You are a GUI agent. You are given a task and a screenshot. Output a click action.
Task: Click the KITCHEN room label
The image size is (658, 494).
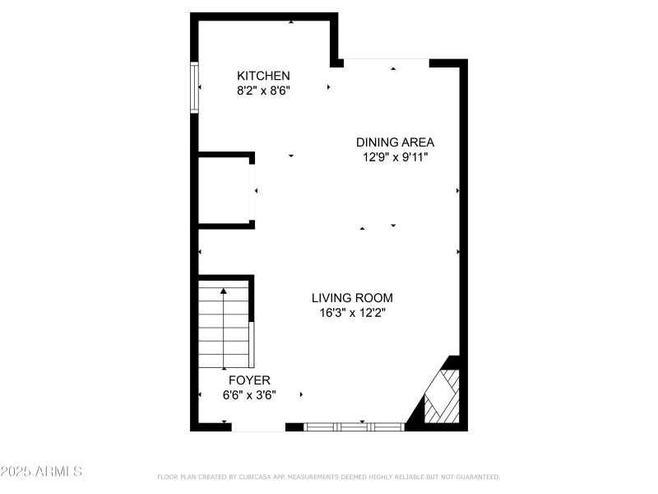[263, 76]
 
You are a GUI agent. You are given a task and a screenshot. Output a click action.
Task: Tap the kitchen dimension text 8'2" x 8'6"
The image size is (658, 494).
[263, 91]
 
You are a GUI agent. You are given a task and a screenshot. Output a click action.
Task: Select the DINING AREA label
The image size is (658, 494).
[395, 142]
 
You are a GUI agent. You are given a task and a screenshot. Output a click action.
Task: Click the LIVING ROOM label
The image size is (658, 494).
[352, 297]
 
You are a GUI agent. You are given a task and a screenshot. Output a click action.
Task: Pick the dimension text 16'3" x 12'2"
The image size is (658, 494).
[352, 313]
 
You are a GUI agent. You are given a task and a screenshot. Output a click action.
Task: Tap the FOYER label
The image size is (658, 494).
[249, 380]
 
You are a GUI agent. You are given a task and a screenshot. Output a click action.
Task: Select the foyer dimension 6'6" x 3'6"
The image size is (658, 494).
[249, 395]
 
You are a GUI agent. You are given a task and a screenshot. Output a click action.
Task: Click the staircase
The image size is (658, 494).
[224, 325]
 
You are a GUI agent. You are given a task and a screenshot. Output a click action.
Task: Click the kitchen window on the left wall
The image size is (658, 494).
[195, 87]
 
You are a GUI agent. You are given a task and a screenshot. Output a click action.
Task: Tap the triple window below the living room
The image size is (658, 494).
[355, 426]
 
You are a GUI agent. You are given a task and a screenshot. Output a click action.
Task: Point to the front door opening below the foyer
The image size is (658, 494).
[258, 427]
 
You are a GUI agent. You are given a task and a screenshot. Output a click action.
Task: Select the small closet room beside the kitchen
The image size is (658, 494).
[225, 190]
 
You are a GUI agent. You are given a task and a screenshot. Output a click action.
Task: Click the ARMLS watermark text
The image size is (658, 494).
[59, 472]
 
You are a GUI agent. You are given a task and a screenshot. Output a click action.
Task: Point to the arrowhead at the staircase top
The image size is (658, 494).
[224, 290]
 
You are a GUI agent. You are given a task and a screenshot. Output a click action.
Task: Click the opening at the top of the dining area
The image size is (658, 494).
[387, 61]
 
